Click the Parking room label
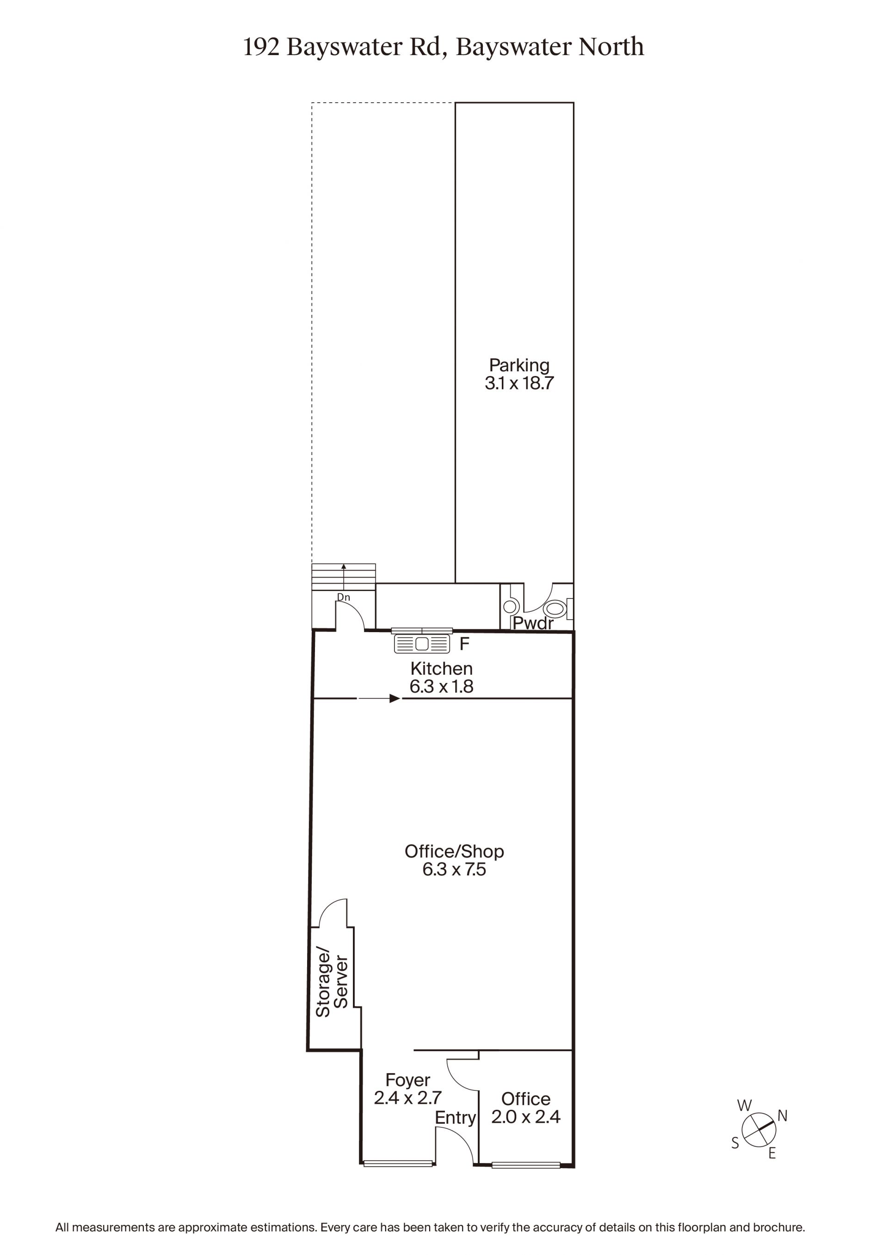coord(519,366)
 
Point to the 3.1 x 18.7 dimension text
coord(519,383)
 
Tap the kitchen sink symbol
coord(422,643)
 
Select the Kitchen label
coord(441,669)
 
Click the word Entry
coord(455,1118)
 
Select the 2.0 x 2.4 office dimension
coord(525,1117)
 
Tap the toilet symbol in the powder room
coord(555,609)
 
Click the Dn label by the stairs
coord(343,597)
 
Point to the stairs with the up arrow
coord(343,577)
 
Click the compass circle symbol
coord(758,1130)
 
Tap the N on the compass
coord(783,1116)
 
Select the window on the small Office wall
coord(525,1165)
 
